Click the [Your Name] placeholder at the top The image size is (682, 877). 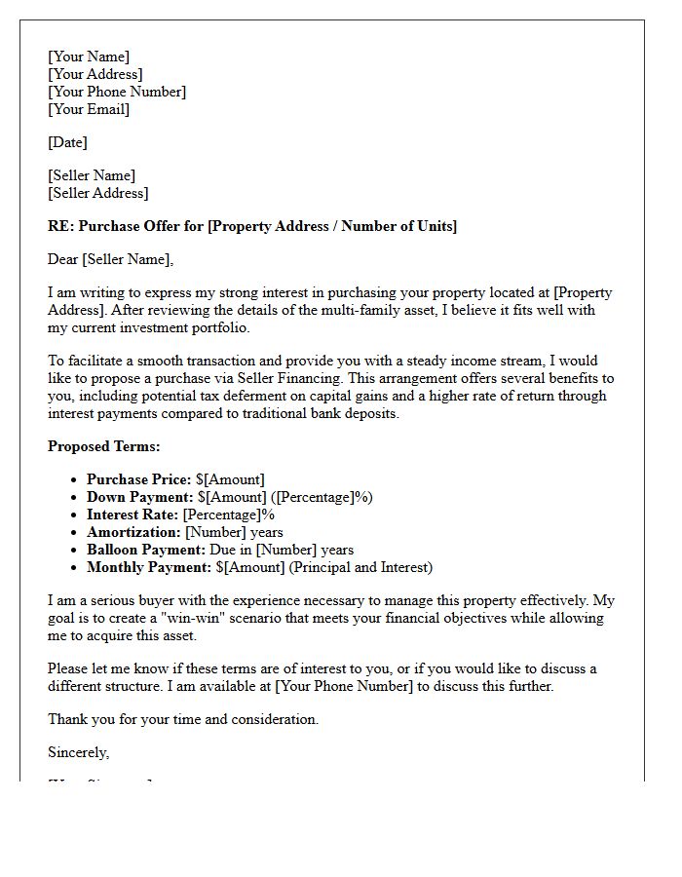89,57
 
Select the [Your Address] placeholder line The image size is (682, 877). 95,74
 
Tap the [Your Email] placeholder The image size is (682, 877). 89,109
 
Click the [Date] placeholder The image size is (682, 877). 67,142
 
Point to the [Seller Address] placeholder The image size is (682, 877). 98,193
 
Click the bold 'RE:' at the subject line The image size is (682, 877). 60,226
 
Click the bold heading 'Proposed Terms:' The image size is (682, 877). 104,446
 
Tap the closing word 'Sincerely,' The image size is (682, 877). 79,752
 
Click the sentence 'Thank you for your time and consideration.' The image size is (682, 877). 183,719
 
